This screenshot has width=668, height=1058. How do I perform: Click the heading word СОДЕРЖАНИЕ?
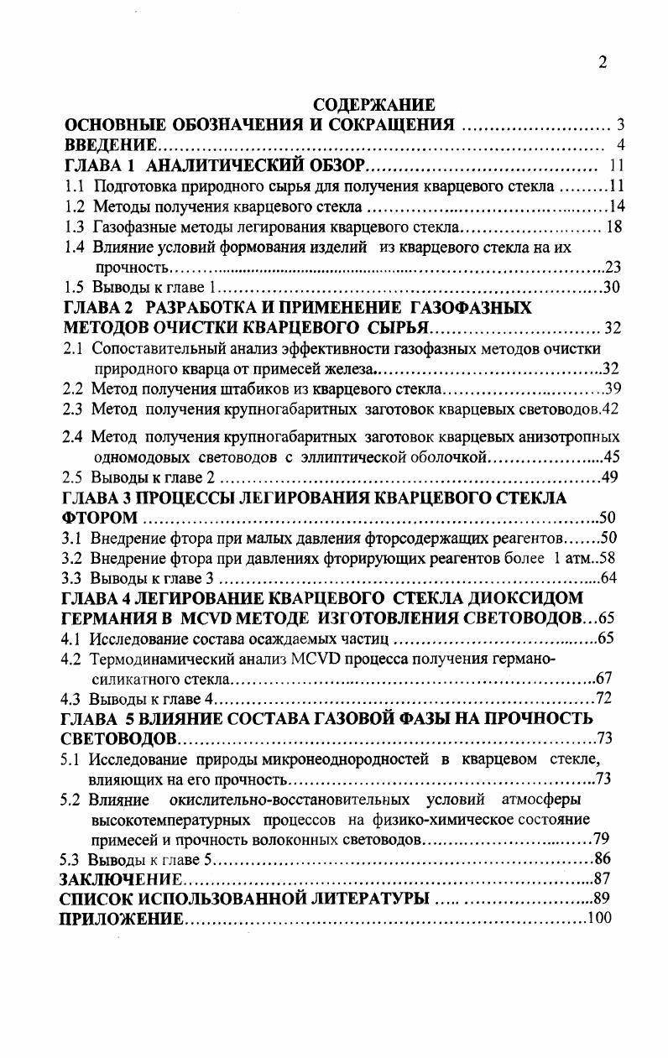(373, 105)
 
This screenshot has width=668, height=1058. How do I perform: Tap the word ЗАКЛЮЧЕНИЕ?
(120, 879)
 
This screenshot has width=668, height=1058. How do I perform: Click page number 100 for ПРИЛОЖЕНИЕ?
(599, 919)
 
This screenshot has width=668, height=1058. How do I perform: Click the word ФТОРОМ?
(98, 518)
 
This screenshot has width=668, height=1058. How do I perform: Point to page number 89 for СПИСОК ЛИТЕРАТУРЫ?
(602, 899)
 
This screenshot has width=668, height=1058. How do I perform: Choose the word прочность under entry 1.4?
(132, 268)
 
